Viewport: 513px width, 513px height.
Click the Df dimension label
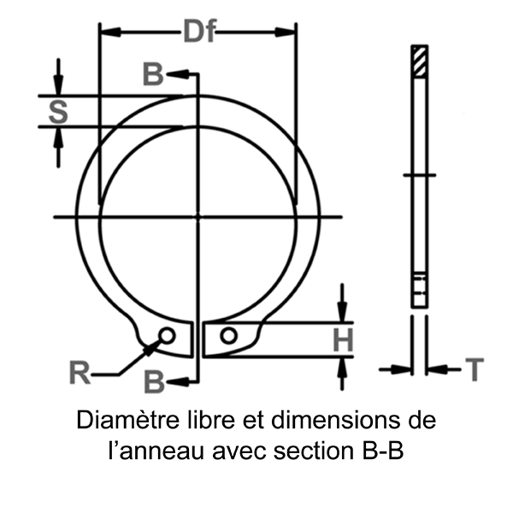point(198,32)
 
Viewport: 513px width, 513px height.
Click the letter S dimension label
point(56,110)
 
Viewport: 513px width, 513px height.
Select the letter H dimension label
point(342,339)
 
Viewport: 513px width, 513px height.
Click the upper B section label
point(152,74)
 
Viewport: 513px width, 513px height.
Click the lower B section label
point(153,380)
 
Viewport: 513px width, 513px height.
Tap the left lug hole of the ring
point(168,334)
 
